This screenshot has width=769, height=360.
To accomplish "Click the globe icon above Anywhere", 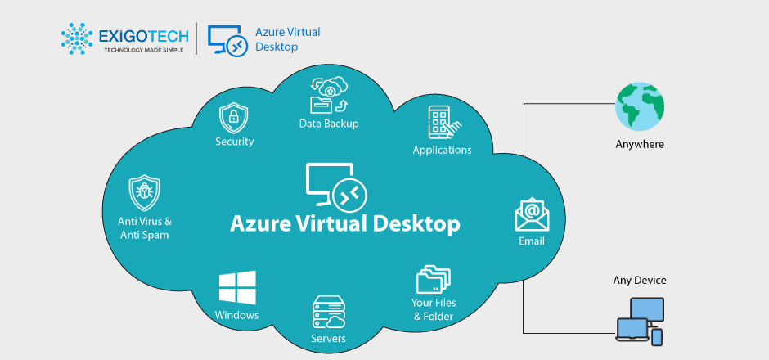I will (x=640, y=106).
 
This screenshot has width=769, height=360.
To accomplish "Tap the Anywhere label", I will (x=640, y=145).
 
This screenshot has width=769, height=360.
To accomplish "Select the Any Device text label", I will (x=640, y=280).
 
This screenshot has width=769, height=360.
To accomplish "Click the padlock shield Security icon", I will (x=234, y=118).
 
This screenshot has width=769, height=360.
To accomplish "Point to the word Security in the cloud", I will (x=234, y=142).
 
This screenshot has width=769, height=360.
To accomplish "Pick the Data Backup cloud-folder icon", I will (x=328, y=95).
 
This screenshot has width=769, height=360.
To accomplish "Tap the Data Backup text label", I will (x=328, y=124).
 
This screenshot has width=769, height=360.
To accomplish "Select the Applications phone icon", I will (x=442, y=122).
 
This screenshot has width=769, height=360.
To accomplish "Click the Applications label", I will (x=442, y=150).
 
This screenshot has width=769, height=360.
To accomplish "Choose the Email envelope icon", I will (x=532, y=215).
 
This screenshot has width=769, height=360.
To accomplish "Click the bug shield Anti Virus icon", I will (x=144, y=194).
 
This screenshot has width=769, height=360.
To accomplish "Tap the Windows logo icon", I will (x=237, y=289).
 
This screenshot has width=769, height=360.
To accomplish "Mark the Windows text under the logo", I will (x=237, y=315).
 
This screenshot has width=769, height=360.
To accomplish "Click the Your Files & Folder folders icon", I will (x=434, y=279).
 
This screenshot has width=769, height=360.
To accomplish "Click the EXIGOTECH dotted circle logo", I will (x=77, y=38).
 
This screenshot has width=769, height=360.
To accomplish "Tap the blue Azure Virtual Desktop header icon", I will (x=226, y=38).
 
